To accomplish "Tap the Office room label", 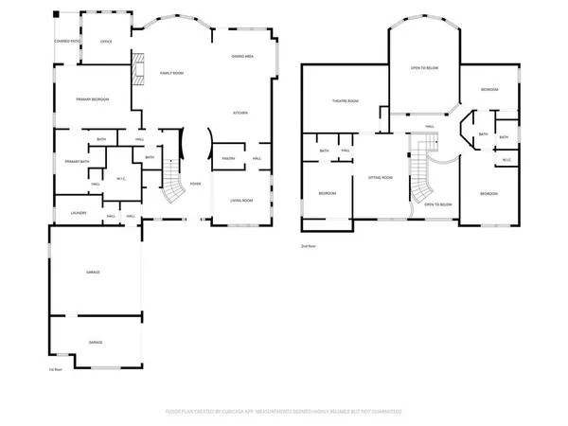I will [x=107, y=42].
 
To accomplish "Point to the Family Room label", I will [x=171, y=73].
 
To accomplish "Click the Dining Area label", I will [x=241, y=57].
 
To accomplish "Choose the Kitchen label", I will [x=241, y=113].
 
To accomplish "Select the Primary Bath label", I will [x=77, y=162].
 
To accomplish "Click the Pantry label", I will [x=228, y=158].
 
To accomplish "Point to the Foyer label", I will [x=195, y=184].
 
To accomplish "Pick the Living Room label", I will [x=241, y=200].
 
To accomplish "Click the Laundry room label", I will [x=79, y=213].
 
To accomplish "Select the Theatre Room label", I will [x=345, y=101].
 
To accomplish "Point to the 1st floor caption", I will [x=55, y=369].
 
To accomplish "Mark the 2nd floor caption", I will [x=308, y=245].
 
